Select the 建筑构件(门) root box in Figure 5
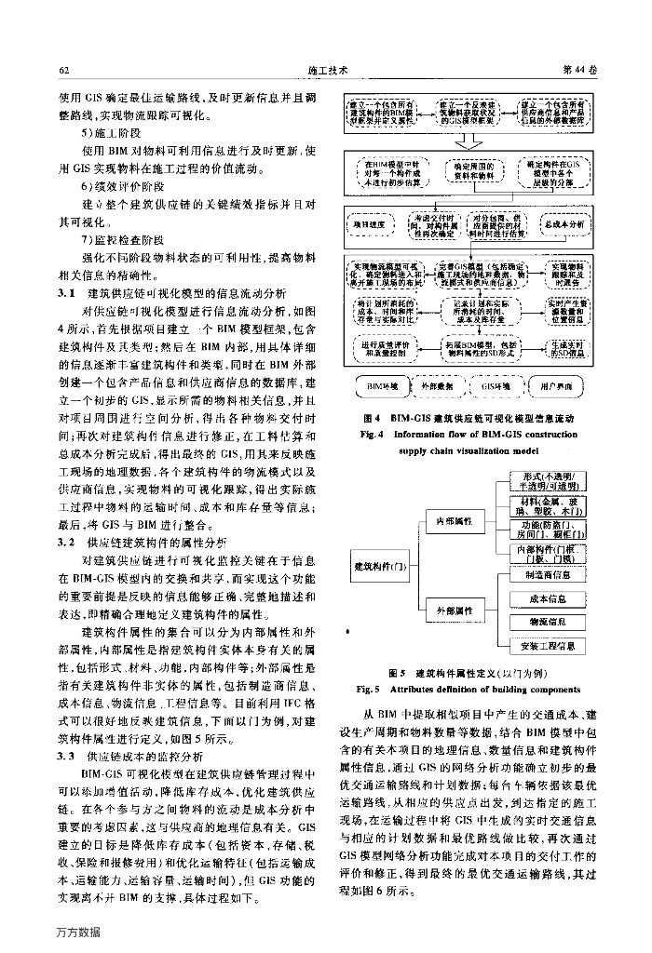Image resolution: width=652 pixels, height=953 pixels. pyautogui.click(x=373, y=565)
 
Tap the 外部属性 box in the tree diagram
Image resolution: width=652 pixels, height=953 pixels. pyautogui.click(x=452, y=611)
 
